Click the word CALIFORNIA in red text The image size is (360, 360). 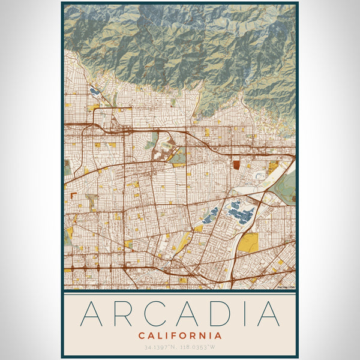click(x=180, y=336)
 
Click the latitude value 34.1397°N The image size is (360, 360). click(x=161, y=347)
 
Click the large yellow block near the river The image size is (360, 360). click(x=248, y=242)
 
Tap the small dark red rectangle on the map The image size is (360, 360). click(x=236, y=164)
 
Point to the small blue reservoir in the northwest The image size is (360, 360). click(x=94, y=92)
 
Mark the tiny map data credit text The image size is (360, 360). click(x=286, y=287)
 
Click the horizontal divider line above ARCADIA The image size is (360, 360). click(x=180, y=295)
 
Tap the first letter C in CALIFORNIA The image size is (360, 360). click(x=141, y=336)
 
